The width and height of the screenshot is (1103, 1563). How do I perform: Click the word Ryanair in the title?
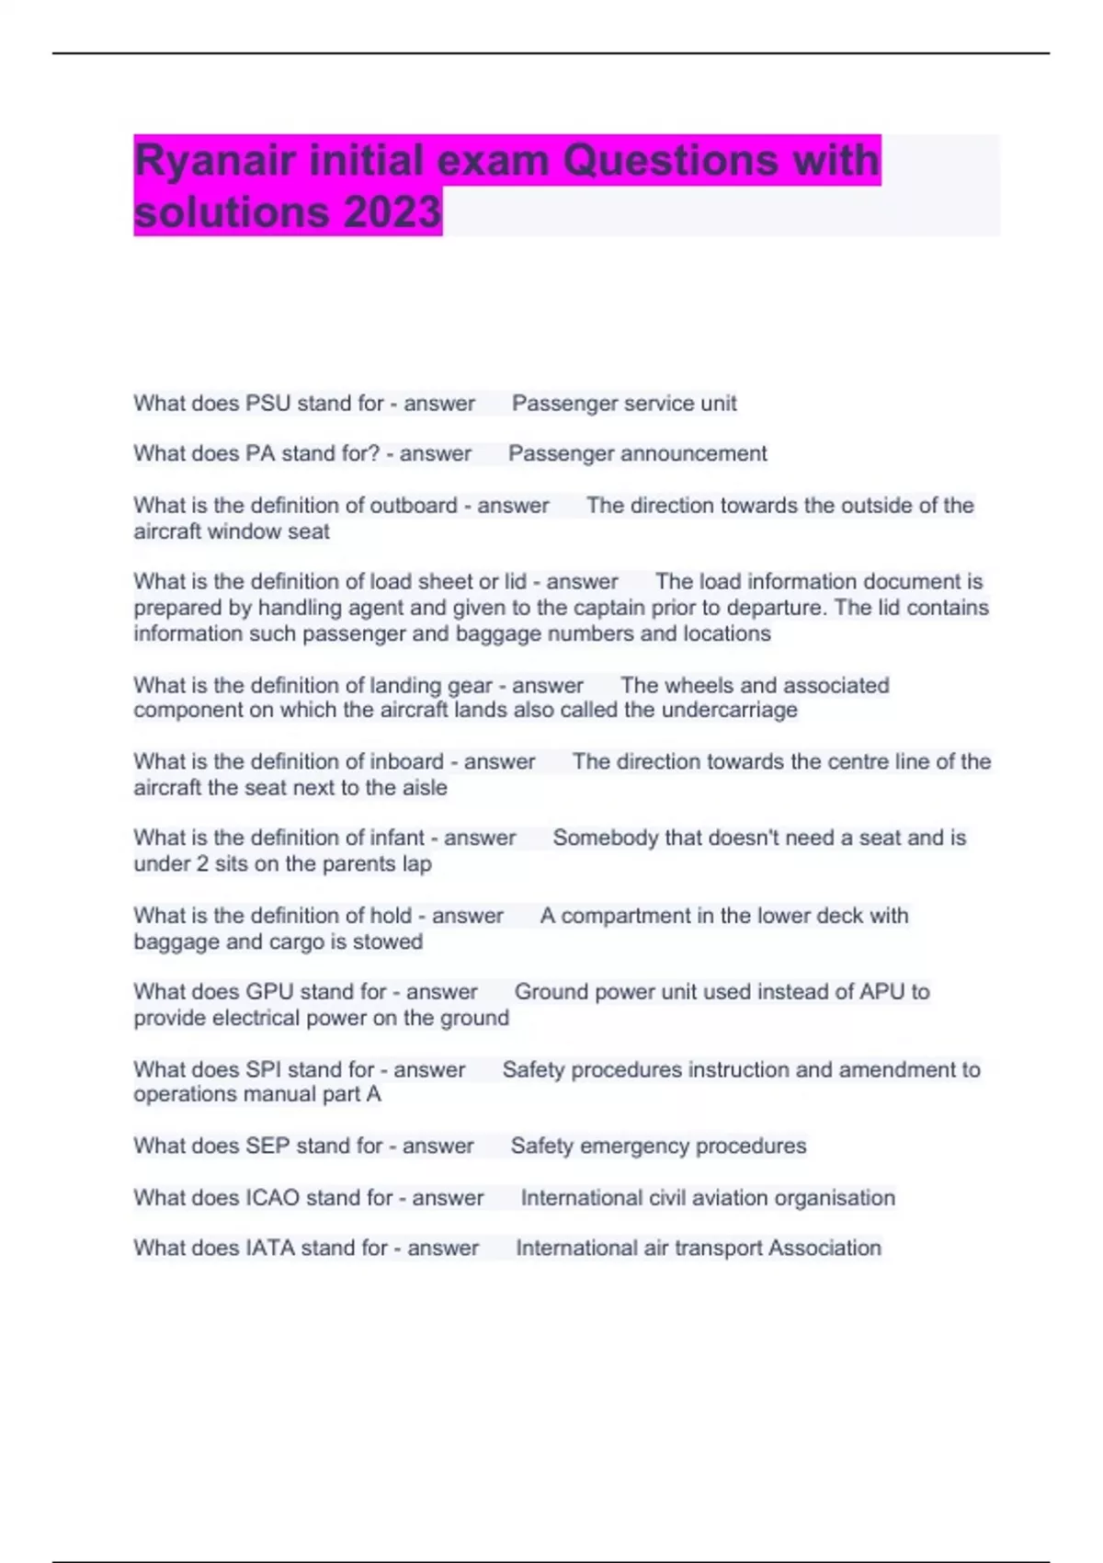[x=215, y=161]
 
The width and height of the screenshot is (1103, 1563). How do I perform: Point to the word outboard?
[x=413, y=506]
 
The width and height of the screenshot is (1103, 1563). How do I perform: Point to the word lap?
[x=416, y=864]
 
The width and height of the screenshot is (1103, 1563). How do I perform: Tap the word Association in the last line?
[x=824, y=1249]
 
